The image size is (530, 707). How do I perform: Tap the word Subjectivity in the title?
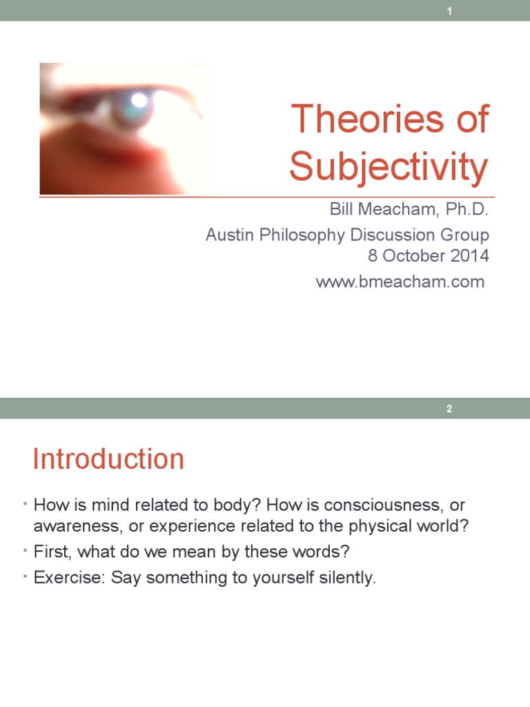click(389, 166)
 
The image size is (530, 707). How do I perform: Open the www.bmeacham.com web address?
click(400, 281)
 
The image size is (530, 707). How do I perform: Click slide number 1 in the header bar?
click(449, 11)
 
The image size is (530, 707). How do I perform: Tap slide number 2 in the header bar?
click(449, 409)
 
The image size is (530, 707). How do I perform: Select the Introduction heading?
click(108, 459)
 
